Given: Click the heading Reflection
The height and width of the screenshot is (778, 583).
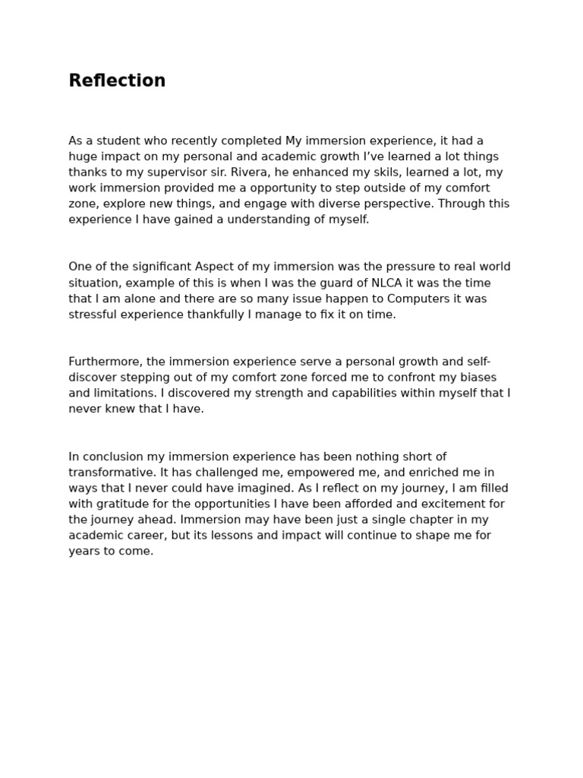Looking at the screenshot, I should [117, 81].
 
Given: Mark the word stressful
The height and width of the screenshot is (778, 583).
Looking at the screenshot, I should [94, 315].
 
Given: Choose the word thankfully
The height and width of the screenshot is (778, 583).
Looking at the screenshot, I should [213, 315].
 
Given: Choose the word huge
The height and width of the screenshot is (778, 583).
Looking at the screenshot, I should [82, 157].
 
